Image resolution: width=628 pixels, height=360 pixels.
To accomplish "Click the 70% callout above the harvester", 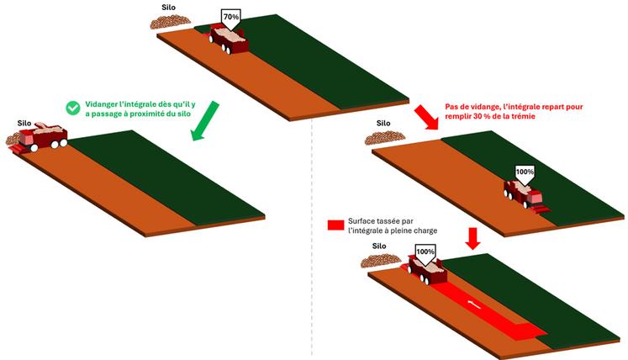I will pos(230,16).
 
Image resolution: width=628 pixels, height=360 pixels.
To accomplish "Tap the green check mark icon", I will pos(72,107).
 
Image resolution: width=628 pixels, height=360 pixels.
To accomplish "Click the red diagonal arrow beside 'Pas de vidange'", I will pos(426,118).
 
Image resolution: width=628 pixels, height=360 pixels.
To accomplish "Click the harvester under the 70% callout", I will pos(229,39).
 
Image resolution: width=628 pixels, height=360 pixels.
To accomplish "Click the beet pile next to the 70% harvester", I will pos(172,23).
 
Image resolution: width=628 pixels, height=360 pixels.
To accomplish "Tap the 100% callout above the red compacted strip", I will pos(425,251).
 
